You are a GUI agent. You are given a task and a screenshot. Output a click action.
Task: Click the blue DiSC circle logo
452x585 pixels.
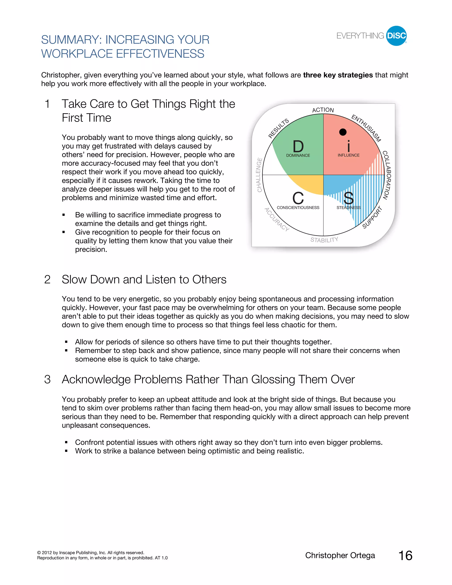396,36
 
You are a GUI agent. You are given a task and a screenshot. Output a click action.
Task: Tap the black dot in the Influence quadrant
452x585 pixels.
343,132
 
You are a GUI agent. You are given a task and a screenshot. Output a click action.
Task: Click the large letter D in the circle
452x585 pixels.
298,147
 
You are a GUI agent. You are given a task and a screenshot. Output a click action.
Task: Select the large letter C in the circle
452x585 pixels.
298,198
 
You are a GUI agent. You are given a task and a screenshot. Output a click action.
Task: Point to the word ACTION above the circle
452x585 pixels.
323,110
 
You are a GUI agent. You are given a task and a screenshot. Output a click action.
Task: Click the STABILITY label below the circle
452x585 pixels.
324,240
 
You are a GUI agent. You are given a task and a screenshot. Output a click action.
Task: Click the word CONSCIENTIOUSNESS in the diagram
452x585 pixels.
298,208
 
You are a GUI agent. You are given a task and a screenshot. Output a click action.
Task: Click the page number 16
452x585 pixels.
405,556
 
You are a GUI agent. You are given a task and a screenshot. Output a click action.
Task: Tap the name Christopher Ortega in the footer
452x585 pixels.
340,555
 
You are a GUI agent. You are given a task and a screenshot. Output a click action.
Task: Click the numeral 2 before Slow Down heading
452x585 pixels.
47,280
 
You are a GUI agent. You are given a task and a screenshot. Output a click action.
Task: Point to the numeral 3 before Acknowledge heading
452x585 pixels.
47,379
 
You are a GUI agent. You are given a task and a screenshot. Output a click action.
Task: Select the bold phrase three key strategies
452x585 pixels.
338,75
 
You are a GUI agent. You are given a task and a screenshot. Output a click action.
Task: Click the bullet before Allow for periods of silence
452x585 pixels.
66,342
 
